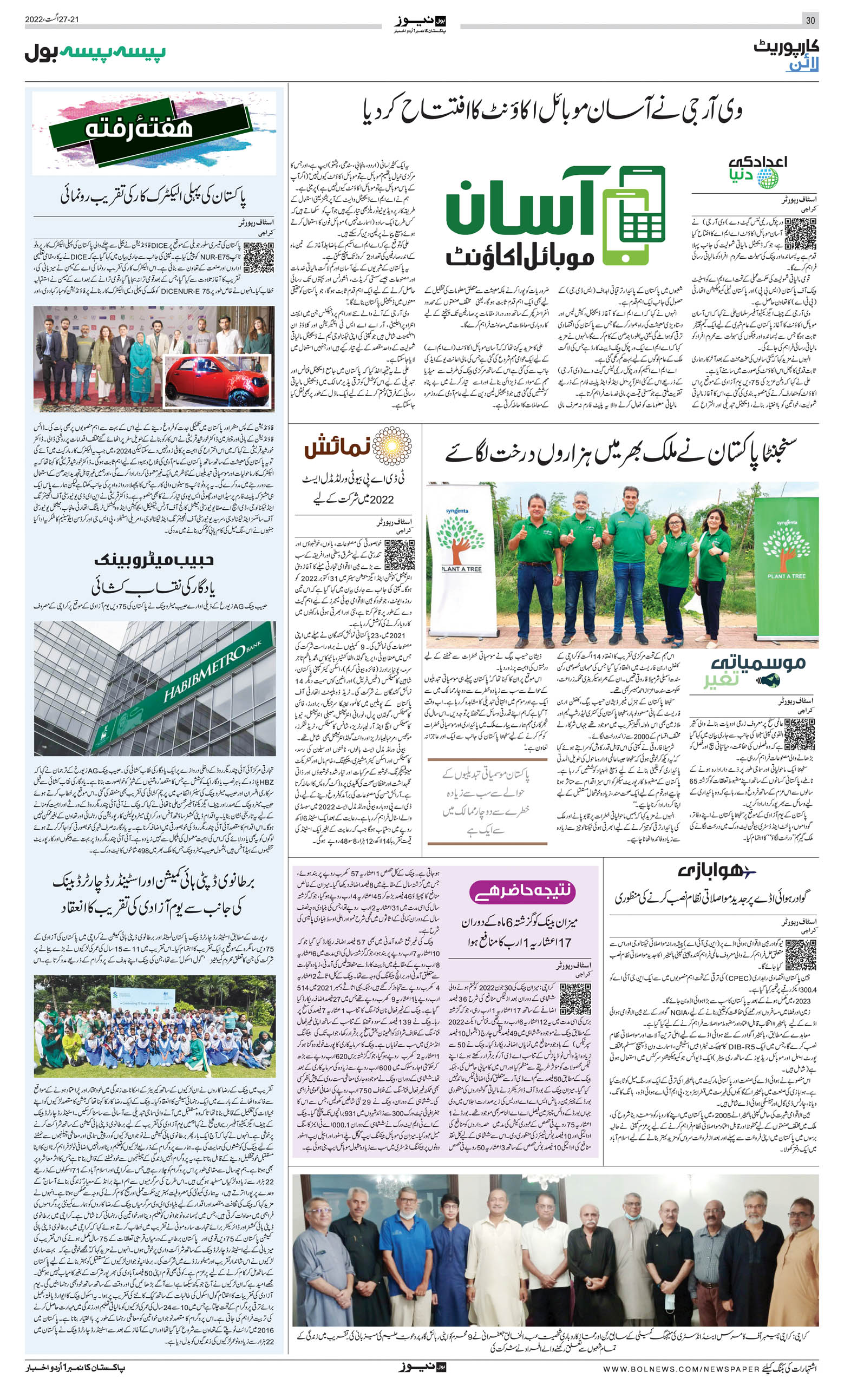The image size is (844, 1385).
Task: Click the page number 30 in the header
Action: point(810,20)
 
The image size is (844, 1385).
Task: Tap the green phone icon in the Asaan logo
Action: point(634,215)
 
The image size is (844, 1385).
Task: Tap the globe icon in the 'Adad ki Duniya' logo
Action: point(767,178)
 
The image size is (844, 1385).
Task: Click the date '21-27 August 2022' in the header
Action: point(52,19)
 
